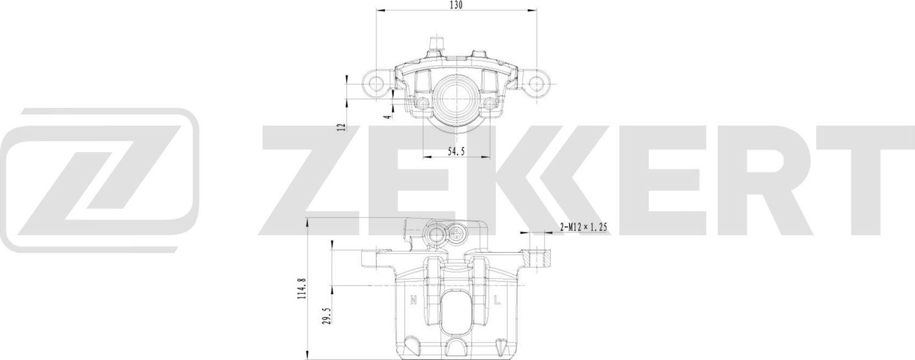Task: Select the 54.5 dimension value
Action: tap(456, 152)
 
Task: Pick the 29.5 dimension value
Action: tap(326, 319)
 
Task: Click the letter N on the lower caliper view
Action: tap(413, 300)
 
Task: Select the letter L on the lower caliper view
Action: tap(498, 300)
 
